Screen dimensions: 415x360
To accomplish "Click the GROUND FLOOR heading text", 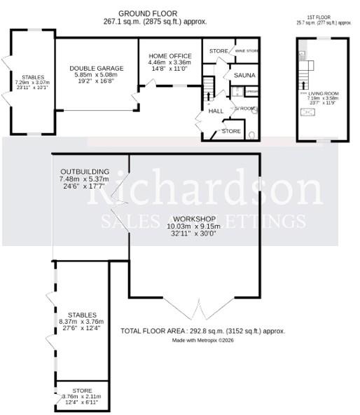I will coord(148,13).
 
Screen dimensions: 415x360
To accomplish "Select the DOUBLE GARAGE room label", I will coord(97,68).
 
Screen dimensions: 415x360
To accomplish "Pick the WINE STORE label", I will coord(247,51).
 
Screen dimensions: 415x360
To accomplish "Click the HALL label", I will coord(216,111).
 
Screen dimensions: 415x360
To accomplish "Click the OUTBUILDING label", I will coord(84,171).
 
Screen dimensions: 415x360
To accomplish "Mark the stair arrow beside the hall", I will coord(208,88).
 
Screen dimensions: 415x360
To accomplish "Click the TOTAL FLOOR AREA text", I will coord(203,330).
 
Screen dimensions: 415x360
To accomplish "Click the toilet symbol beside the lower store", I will coord(251,132).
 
